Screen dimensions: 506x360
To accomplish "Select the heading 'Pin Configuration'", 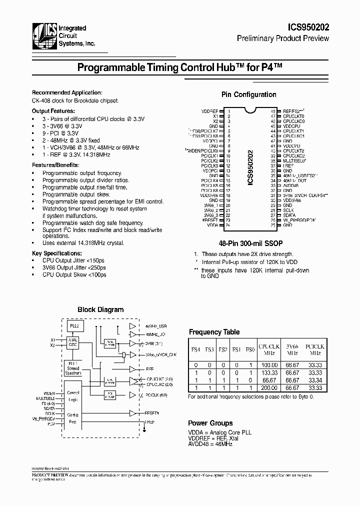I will pos(248,94).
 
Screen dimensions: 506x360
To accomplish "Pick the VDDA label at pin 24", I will pos(212,225).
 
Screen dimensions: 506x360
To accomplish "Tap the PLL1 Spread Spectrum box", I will pos(73,368).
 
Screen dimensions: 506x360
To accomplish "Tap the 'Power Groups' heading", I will pos(210,422).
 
